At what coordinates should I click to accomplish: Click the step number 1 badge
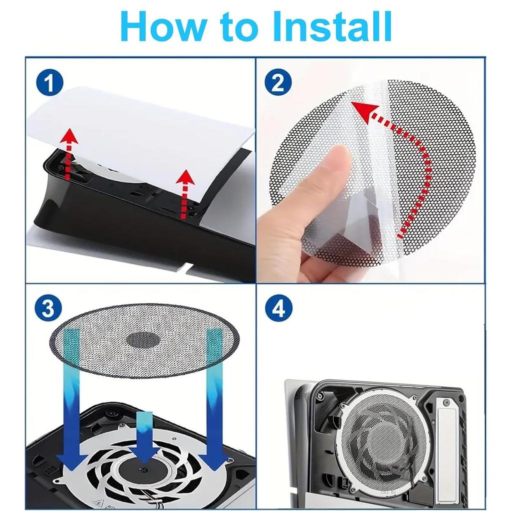[49, 83]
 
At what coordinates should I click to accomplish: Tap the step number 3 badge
[48, 308]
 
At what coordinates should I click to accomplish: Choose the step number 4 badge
[278, 308]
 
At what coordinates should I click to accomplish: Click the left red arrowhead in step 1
[69, 136]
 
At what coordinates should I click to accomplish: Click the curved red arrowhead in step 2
[363, 111]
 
